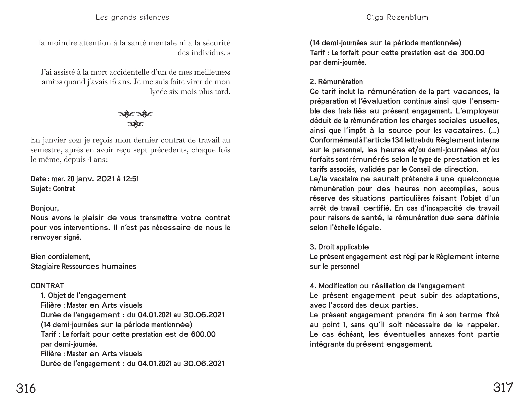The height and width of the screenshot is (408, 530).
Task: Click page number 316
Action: click(x=26, y=388)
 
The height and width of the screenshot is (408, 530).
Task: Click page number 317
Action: click(x=503, y=388)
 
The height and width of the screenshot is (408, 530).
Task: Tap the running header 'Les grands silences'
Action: click(x=132, y=17)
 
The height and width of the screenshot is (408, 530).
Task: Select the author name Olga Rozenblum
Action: click(x=397, y=17)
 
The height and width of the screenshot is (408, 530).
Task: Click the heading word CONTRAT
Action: click(x=47, y=286)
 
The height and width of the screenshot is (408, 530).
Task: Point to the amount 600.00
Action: click(x=203, y=334)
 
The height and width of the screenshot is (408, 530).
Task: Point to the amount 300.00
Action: click(x=472, y=53)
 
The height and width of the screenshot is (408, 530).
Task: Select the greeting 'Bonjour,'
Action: click(x=45, y=208)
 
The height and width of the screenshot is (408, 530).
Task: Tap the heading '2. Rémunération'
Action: click(x=336, y=82)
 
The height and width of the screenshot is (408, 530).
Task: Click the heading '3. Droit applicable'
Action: click(x=339, y=247)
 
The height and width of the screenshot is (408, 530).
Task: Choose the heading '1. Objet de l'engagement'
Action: click(x=83, y=296)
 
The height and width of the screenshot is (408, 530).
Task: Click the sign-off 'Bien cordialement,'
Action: click(x=61, y=257)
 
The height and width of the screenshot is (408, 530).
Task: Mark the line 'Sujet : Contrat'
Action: click(x=53, y=189)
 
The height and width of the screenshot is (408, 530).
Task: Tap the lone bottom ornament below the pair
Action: click(x=135, y=124)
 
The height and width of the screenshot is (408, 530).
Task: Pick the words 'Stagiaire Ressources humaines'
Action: click(x=83, y=266)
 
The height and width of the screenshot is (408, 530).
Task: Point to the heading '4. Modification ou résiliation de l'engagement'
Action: click(x=387, y=286)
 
